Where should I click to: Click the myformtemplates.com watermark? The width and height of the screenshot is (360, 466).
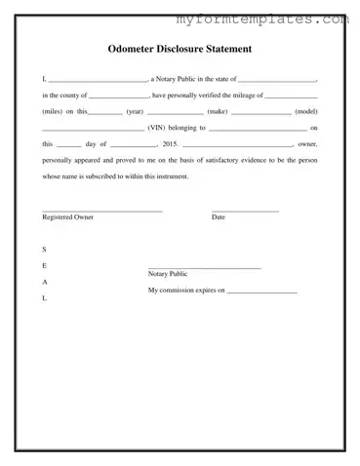point(261,19)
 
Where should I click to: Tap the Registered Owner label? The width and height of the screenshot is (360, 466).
point(68,216)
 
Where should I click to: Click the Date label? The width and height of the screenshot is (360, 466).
point(218,216)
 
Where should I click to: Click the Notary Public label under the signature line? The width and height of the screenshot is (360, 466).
point(168,274)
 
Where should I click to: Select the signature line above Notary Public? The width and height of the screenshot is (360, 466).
point(204,267)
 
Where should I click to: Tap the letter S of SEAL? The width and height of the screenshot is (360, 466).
point(44,250)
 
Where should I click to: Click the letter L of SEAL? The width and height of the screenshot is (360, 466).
point(44,298)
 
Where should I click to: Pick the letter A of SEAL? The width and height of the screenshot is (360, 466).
point(44,282)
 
